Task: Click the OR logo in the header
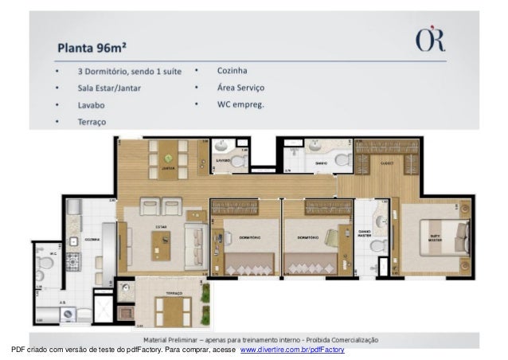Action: click(x=429, y=41)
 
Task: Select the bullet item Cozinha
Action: click(x=232, y=70)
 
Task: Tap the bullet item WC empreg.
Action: click(x=240, y=104)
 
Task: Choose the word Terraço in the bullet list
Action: click(x=92, y=122)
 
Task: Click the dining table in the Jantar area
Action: click(x=168, y=158)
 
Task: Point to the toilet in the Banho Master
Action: click(x=377, y=245)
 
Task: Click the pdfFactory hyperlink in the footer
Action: click(x=292, y=350)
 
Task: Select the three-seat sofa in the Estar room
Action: click(x=194, y=238)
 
